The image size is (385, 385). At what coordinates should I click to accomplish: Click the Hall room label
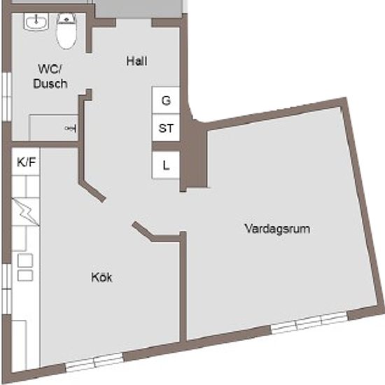click(136, 61)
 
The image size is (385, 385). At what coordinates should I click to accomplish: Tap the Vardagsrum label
click(277, 229)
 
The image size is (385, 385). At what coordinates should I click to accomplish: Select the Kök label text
click(101, 277)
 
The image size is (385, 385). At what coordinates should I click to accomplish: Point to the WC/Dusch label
click(50, 76)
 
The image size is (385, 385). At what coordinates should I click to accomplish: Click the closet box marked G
click(166, 100)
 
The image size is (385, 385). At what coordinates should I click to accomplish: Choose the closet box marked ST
click(166, 127)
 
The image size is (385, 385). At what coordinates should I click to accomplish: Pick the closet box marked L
click(166, 164)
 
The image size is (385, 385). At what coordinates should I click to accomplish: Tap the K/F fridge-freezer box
click(26, 162)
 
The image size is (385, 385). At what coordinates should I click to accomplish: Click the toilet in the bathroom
click(66, 31)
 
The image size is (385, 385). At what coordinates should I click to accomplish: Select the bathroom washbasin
click(36, 22)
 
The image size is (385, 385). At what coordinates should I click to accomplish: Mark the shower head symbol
click(71, 128)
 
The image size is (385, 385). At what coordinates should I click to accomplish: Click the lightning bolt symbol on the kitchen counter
click(25, 211)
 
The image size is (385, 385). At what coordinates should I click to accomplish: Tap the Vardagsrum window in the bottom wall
click(310, 323)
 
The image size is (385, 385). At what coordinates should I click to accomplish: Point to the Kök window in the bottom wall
click(94, 362)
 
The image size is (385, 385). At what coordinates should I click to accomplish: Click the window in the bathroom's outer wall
click(6, 97)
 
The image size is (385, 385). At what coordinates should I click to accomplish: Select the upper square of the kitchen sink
click(25, 260)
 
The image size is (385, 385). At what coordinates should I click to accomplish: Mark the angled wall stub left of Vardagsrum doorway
click(142, 231)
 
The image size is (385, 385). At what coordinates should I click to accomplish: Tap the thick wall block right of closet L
click(194, 155)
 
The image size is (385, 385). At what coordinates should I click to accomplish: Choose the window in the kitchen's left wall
click(6, 289)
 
